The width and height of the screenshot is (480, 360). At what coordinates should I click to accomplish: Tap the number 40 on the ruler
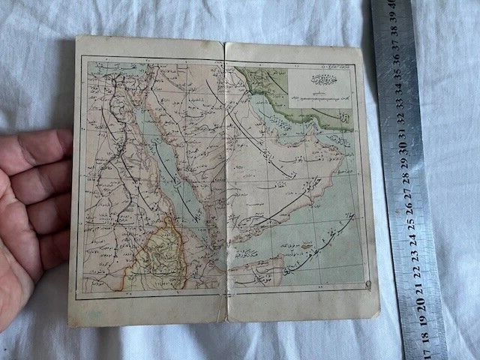click(391, 9)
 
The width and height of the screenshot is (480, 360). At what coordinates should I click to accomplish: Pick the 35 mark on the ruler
click(397, 76)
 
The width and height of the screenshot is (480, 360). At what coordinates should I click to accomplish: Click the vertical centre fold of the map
click(226, 180)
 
